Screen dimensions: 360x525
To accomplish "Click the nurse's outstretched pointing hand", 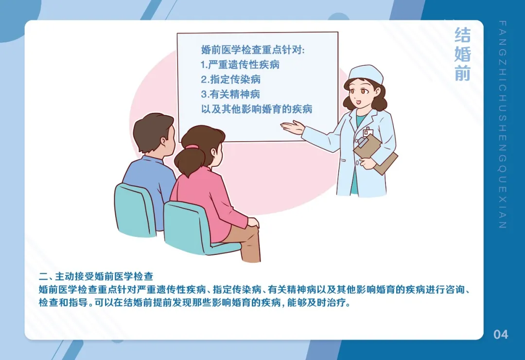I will click(x=292, y=127).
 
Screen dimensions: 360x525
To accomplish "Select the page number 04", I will click(x=501, y=334).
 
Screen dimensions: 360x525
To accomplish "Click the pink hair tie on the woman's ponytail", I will click(x=192, y=146).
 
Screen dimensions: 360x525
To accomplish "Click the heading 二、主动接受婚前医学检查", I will click(x=96, y=277).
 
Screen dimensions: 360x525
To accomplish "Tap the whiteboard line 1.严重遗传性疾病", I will click(x=240, y=64).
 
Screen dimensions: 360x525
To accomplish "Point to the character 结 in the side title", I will click(x=462, y=36).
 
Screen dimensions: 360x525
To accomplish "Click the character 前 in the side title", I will click(x=462, y=72).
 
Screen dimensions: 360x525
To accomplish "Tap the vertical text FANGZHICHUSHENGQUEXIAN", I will click(x=503, y=124).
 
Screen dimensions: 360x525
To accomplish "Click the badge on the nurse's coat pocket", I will click(x=368, y=132).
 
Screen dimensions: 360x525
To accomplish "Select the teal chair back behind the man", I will click(x=134, y=209).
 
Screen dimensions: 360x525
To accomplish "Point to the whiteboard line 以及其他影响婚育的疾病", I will click(x=256, y=109).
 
